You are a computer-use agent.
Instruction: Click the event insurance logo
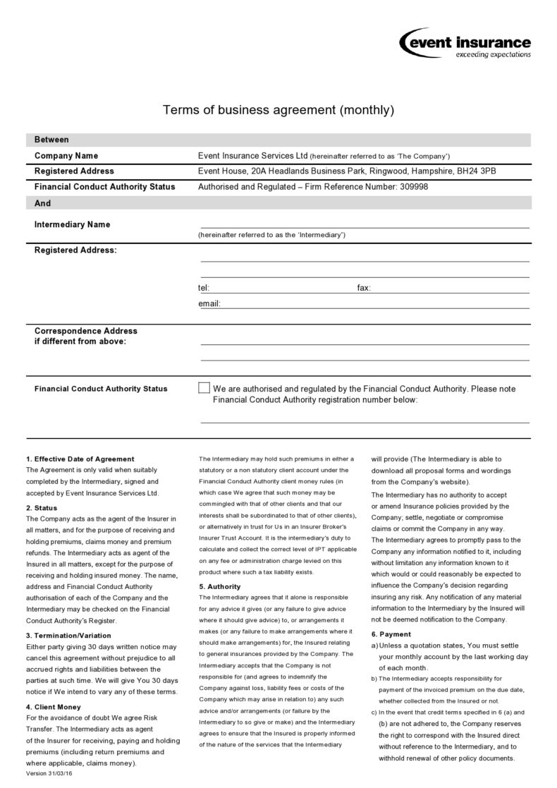465,43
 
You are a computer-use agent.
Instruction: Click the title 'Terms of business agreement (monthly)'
278,109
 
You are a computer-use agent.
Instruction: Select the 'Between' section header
51,140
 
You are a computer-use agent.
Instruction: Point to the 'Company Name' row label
66,156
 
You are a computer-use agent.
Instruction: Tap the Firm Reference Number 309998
413,187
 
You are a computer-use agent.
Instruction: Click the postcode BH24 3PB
476,171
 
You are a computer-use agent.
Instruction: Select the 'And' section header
42,203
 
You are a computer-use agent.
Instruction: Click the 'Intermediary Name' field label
72,224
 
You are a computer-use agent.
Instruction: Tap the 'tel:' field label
203,288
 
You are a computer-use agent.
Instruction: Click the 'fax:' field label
364,288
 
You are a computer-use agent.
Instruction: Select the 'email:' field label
209,304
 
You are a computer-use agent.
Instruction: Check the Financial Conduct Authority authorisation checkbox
204,388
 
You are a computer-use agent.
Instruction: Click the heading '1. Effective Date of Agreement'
80,459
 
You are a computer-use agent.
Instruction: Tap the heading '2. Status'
42,508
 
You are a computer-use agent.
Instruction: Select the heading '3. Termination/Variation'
68,636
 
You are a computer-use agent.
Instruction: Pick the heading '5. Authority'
219,586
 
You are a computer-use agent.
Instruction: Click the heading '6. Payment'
391,634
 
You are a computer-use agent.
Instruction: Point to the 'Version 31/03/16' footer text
49,774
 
